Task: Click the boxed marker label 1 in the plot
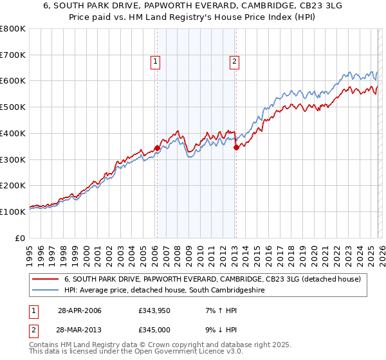tap(156, 62)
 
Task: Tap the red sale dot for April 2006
tap(157, 148)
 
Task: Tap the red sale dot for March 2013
tap(235, 147)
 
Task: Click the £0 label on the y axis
tap(21, 238)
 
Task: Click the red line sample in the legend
tap(46, 279)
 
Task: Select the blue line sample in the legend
tap(46, 291)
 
